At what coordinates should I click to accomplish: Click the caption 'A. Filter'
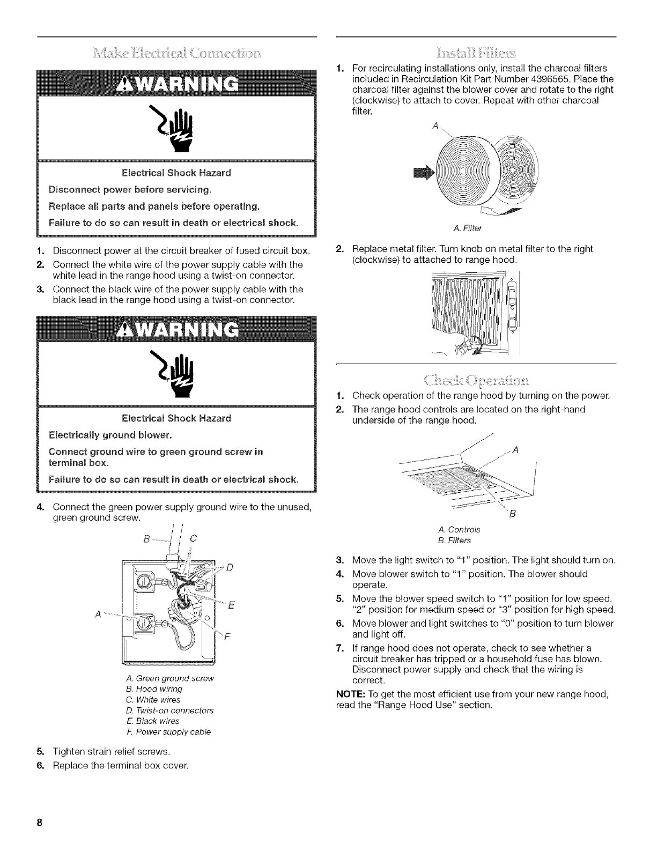[467, 228]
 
